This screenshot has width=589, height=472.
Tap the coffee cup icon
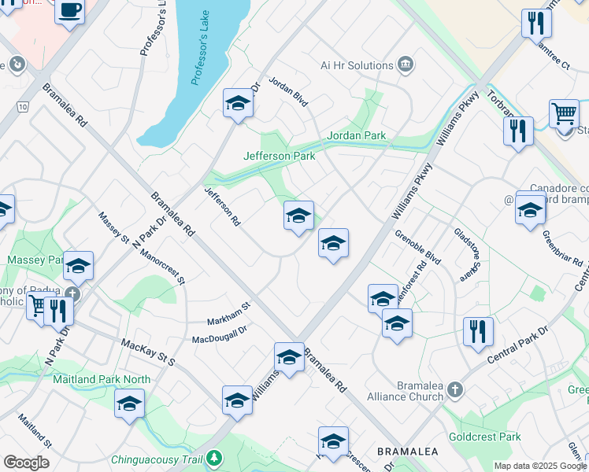point(70,12)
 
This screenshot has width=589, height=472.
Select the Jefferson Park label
point(279,156)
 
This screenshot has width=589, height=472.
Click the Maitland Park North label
point(101,379)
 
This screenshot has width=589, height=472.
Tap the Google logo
point(26,463)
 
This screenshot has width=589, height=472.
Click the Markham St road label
point(228,314)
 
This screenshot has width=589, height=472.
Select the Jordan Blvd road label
point(287,93)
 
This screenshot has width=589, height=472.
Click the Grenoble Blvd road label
point(417,246)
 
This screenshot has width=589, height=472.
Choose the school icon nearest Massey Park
point(78,267)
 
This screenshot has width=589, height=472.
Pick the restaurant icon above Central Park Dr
point(478,332)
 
